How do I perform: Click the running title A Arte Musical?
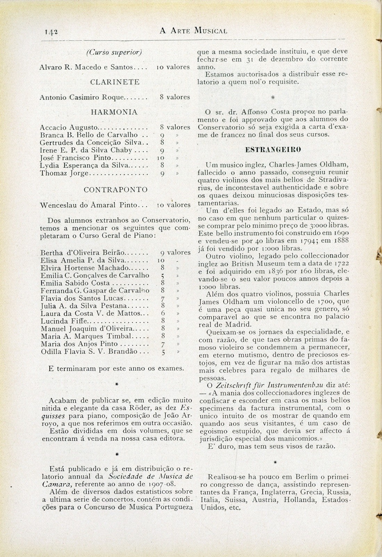193,31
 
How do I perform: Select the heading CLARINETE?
115,82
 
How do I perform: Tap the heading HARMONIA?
114,112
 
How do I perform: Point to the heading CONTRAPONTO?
116,190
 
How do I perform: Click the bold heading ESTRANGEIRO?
273,150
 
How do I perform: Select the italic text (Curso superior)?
114,52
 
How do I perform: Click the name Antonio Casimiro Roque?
82,97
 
